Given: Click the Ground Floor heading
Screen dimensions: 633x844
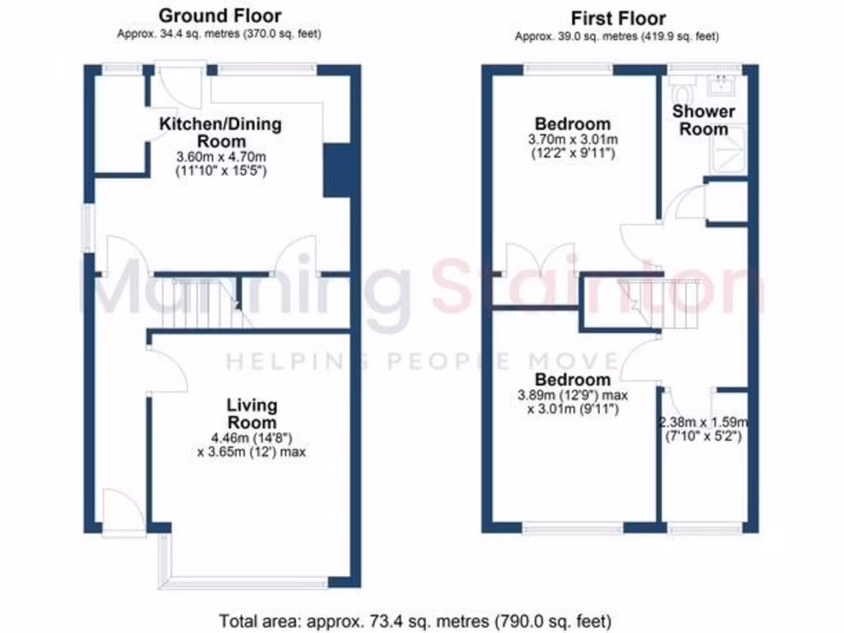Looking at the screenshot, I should [x=219, y=16].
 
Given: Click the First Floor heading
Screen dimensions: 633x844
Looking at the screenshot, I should [x=618, y=18].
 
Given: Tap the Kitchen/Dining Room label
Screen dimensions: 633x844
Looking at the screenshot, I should [x=220, y=133].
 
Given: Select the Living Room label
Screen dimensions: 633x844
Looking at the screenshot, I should [x=252, y=414].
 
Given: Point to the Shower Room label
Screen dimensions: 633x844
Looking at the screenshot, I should [x=703, y=120].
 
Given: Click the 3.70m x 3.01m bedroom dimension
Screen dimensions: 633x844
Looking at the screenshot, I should [x=572, y=139].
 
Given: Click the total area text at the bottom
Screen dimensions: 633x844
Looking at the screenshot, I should [x=415, y=620].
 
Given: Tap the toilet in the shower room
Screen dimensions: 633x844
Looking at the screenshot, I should [x=682, y=85].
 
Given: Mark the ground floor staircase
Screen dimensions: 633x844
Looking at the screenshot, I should [x=206, y=303].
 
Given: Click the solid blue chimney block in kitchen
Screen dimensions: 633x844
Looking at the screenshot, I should [x=335, y=171].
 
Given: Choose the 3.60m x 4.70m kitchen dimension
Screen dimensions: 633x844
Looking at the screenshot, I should [x=220, y=157].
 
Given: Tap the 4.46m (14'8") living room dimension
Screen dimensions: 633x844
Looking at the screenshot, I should [x=251, y=438].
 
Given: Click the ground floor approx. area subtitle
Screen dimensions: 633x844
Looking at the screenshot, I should [x=219, y=35].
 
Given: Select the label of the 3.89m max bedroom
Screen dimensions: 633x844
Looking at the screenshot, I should [x=573, y=380].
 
